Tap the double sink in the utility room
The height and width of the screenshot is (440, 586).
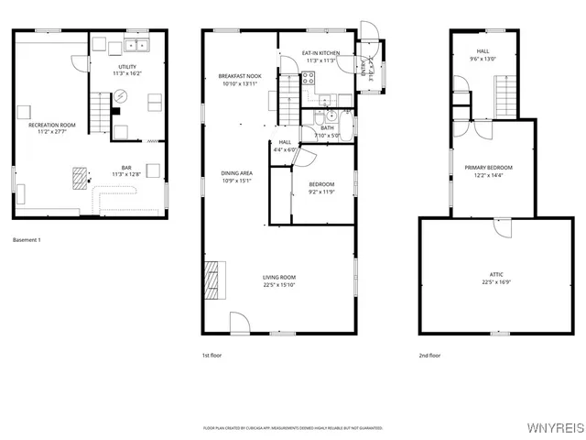pos(137,45)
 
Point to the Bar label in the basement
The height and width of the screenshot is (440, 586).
pos(127,167)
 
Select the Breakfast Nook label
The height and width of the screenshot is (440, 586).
pos(239,75)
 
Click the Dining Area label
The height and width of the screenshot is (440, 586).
pos(236,173)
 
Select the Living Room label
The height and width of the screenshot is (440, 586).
pos(279,277)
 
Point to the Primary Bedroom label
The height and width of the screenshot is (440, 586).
pos(487,168)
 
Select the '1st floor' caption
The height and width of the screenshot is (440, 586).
pos(212,355)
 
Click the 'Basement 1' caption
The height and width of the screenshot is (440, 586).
pos(27,240)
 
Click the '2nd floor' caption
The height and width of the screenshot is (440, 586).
pos(429,355)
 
